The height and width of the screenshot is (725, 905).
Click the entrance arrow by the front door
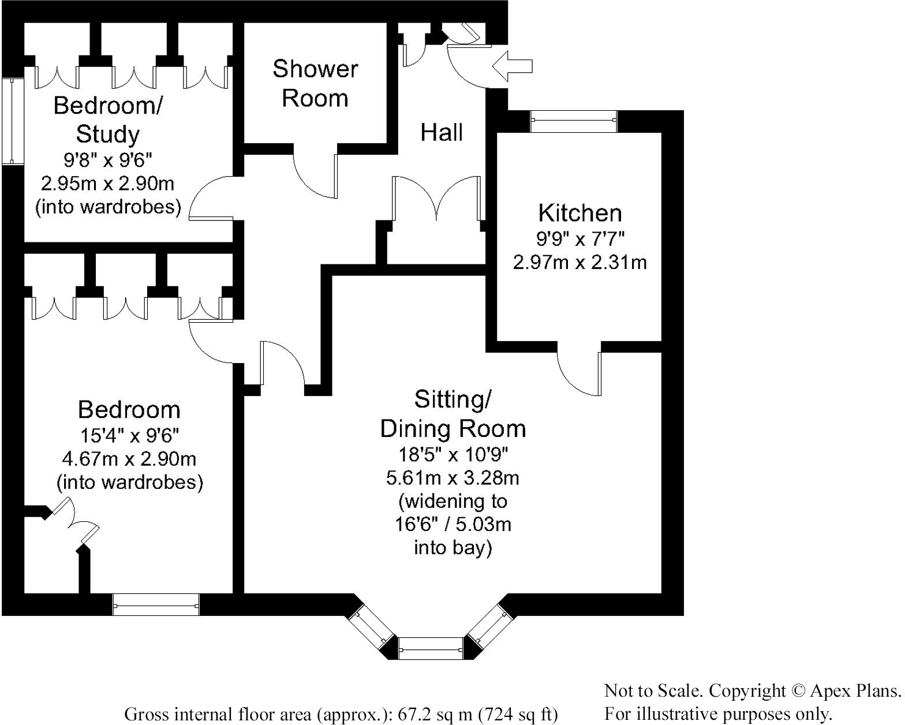coord(512,65)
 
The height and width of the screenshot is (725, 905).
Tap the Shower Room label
coord(315,83)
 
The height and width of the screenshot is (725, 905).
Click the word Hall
coord(442,133)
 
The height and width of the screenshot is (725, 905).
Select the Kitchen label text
coord(580,213)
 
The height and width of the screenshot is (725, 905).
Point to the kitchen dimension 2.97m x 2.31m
coord(580,263)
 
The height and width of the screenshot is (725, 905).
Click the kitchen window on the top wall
coord(574,121)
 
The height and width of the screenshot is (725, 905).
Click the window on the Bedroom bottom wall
coord(156,604)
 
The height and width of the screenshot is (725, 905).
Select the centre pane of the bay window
coord(431,648)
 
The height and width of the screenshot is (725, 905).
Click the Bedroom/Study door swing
coord(211,199)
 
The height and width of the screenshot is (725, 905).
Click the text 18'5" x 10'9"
coord(452,455)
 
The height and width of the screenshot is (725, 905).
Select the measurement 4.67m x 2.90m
coord(129,459)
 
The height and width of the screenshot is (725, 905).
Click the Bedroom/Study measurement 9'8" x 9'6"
coord(108,159)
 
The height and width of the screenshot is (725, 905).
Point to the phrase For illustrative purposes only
coord(718,714)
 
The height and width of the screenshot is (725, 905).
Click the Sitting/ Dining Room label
coord(452,414)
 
